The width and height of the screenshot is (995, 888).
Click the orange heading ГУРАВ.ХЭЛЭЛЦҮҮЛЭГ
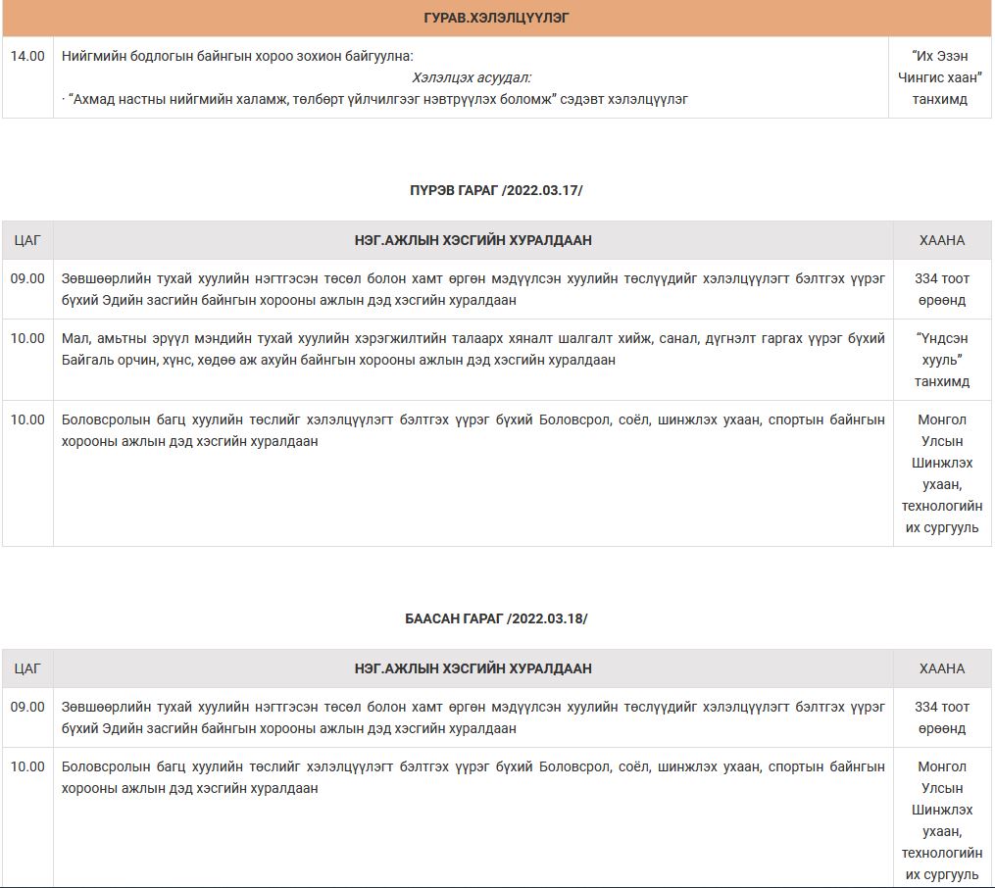(x=496, y=19)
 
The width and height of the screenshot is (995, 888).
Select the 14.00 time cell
(x=27, y=56)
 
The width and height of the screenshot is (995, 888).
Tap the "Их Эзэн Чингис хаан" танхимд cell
(x=940, y=77)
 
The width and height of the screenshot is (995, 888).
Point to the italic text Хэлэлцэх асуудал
(x=472, y=77)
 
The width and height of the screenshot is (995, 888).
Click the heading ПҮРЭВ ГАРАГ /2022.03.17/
(x=496, y=190)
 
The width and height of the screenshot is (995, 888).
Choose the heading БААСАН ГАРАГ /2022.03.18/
(x=496, y=618)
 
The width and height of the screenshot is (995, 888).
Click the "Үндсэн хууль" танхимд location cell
(x=941, y=360)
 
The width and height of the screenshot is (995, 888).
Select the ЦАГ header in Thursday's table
(x=27, y=240)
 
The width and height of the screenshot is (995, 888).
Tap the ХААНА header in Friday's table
(x=941, y=668)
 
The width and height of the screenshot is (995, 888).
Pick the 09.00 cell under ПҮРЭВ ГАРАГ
(x=27, y=278)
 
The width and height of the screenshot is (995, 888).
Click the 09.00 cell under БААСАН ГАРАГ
(x=27, y=707)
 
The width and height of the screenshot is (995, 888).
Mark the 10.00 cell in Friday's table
(x=27, y=766)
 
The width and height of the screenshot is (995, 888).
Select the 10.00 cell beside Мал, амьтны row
(x=27, y=338)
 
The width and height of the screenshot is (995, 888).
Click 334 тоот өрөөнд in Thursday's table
(x=941, y=289)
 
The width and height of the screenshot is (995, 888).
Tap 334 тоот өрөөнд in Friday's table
(x=941, y=717)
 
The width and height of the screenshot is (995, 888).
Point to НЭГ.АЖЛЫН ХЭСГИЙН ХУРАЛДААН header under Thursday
(x=473, y=240)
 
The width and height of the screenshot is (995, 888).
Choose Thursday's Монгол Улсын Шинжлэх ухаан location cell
(x=941, y=473)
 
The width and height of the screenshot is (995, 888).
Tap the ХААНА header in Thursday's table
(x=941, y=240)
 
